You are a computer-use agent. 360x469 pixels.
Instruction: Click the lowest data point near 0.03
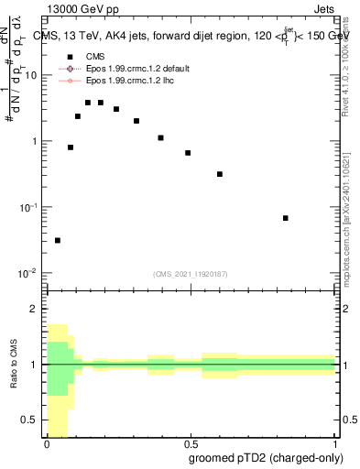(x=58, y=240)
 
